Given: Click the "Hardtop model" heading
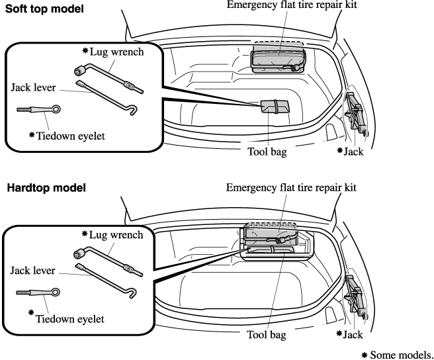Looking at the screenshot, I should point(46,188).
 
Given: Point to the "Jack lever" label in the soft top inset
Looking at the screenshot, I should point(33,87).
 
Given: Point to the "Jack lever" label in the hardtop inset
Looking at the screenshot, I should point(32,270).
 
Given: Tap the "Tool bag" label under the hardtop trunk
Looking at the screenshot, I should point(267,335).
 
